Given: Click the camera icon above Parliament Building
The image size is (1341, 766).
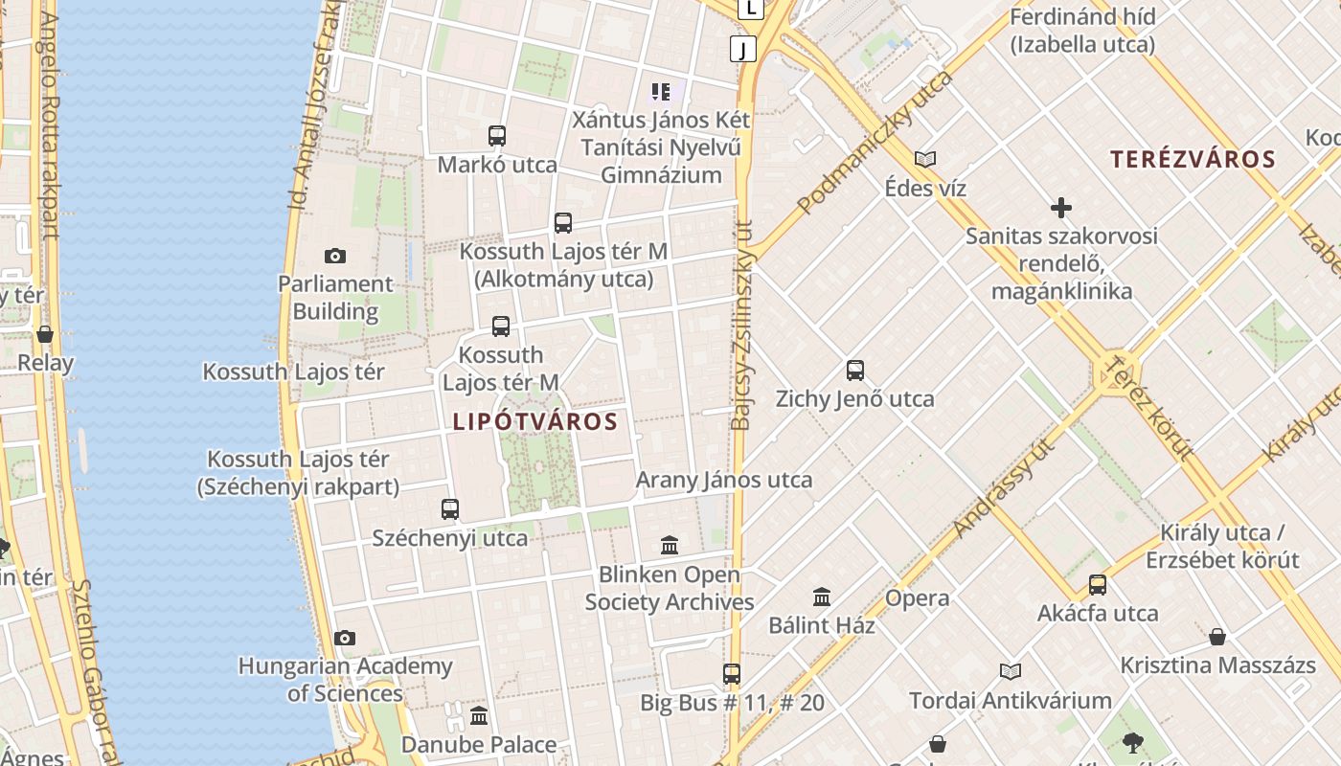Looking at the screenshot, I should [x=334, y=256].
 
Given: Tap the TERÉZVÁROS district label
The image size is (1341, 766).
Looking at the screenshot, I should [x=1193, y=159].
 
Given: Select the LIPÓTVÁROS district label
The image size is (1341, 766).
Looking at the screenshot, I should [x=534, y=421].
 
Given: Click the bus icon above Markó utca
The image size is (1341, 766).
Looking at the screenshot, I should [x=496, y=136].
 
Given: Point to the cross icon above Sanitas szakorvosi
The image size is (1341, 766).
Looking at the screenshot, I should [x=1060, y=207].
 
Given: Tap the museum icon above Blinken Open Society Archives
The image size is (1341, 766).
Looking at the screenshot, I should [x=670, y=546].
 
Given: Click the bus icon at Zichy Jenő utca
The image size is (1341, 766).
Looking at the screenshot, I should [x=855, y=371].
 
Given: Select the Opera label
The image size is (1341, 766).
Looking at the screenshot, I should [x=917, y=598].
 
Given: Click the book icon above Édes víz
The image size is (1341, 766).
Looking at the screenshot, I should [x=924, y=159].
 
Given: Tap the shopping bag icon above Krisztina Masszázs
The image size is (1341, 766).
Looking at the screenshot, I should [x=1216, y=637].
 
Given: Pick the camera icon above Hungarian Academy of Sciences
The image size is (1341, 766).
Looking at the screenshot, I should [x=345, y=638].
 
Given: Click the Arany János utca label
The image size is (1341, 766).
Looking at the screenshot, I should [x=724, y=480].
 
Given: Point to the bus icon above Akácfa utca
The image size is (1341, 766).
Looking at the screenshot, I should [x=1098, y=585].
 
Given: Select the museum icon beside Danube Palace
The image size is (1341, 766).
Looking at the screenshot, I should [x=479, y=715].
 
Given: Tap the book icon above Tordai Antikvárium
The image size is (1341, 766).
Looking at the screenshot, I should [x=1010, y=672].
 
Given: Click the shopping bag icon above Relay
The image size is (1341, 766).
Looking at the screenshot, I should [x=44, y=334].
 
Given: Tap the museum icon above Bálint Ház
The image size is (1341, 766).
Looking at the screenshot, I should [x=822, y=597].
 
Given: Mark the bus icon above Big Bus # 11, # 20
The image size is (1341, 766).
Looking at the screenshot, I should [x=732, y=674].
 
